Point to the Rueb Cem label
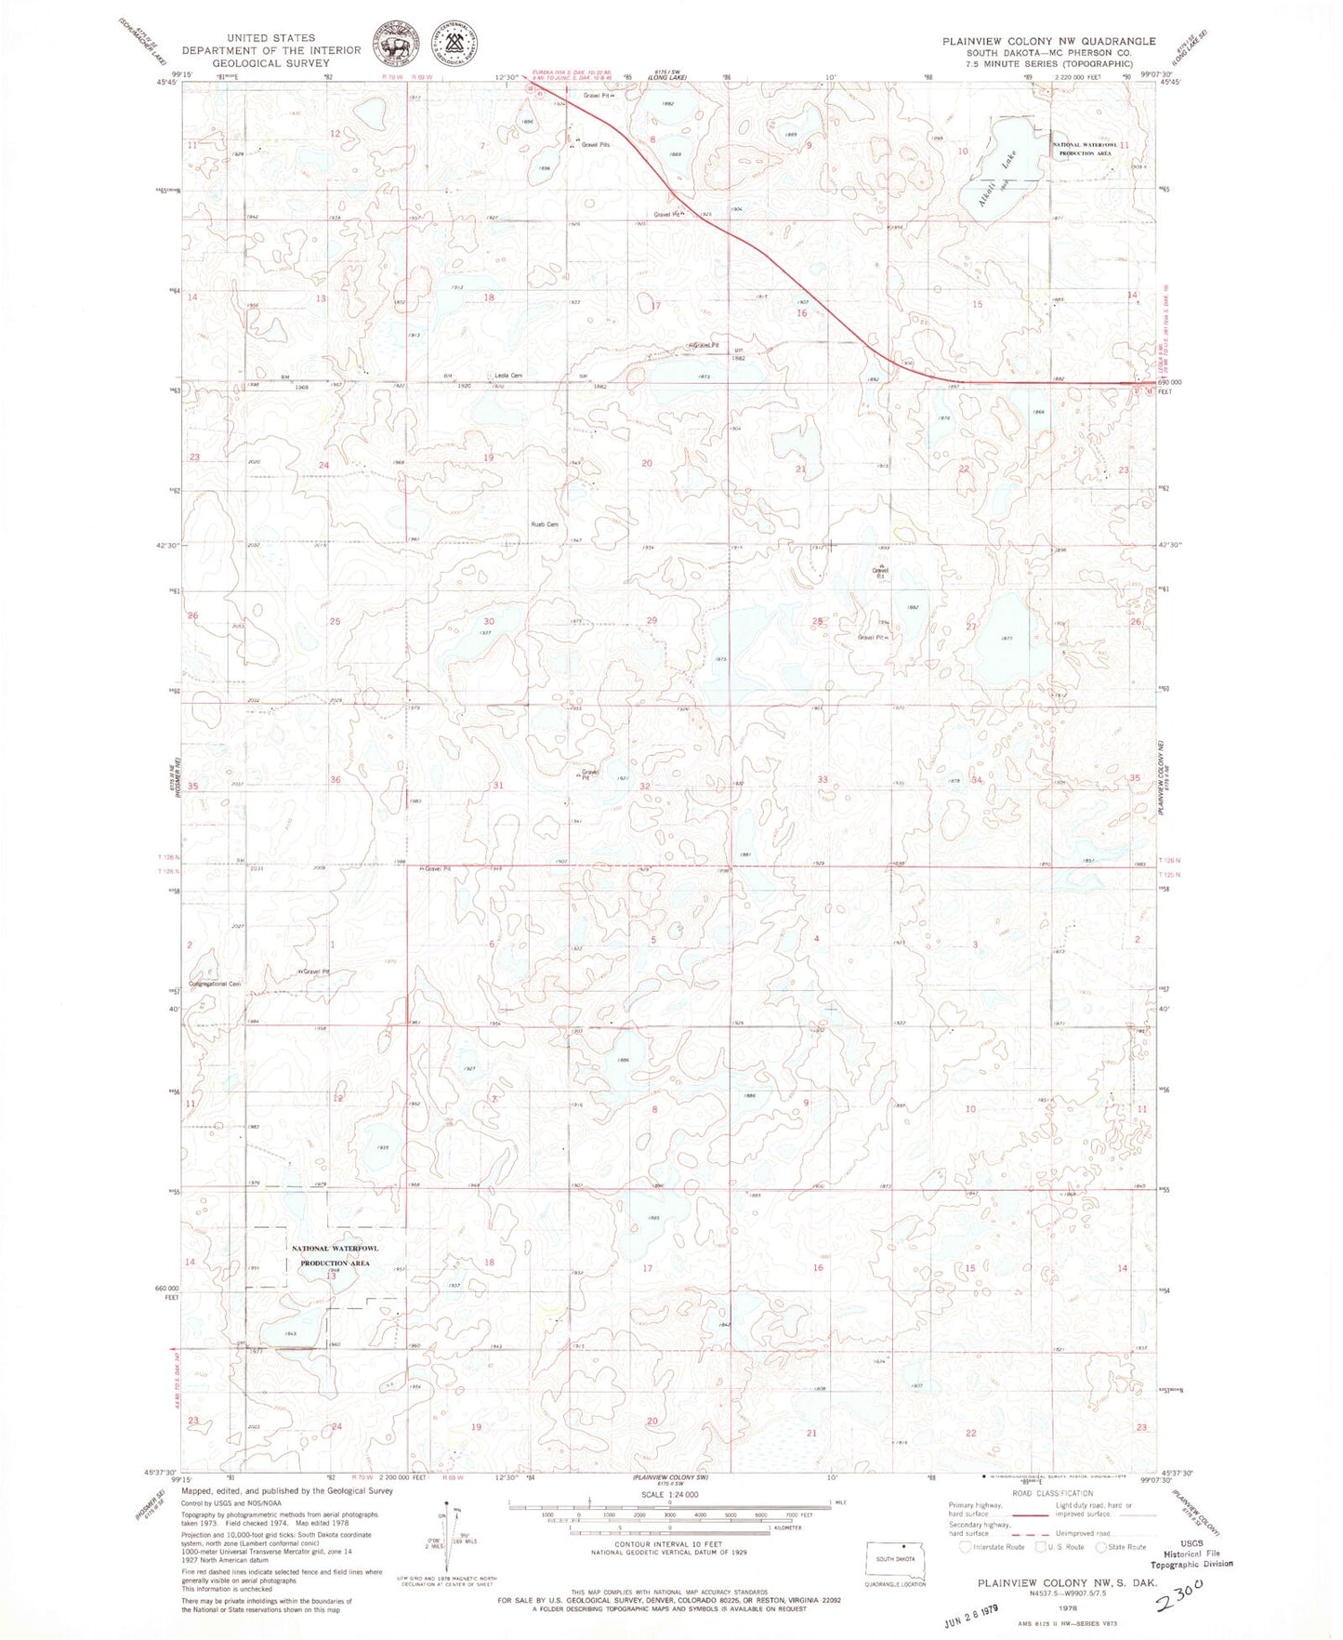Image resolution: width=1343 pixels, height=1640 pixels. coord(544,524)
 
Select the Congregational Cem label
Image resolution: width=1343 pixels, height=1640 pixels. coord(215,984)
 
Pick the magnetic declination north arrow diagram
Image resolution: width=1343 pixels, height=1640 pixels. coord(448,1537)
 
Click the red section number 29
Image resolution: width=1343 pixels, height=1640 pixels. coord(652,620)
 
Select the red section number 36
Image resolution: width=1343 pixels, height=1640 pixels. coord(336,779)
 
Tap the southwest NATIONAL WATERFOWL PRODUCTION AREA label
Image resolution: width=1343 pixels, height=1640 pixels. coord(335,1256)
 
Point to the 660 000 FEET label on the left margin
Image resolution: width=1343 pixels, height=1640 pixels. coord(168,1292)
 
